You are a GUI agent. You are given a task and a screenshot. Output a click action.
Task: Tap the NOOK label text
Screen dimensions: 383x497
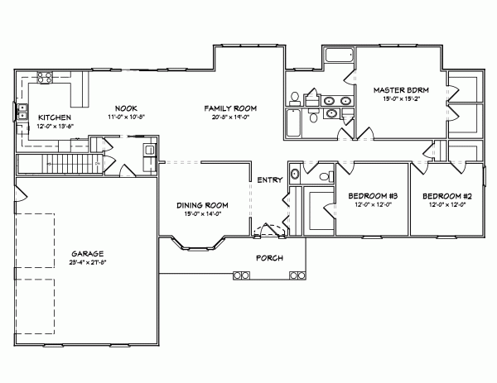pos(126,108)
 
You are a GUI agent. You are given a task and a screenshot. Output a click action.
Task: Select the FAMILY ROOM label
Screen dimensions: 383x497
pos(231,108)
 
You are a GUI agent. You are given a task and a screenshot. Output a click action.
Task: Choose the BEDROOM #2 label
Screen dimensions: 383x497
pos(446,196)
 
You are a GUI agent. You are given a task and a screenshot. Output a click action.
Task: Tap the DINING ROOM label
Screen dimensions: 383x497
pos(202,205)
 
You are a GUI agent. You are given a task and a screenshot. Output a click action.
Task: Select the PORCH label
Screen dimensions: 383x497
pos(270,257)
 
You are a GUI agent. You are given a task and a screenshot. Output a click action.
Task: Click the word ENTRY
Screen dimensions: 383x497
pos(269,180)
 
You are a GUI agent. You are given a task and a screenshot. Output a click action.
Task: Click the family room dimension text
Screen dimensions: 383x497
pos(231,117)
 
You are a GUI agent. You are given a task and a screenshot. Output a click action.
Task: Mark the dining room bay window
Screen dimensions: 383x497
pos(197,244)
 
